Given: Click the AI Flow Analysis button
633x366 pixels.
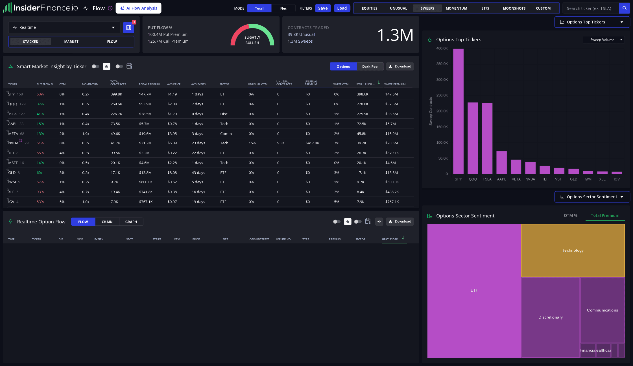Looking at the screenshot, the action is click(x=138, y=8).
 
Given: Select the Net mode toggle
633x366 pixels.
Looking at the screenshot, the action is click(x=283, y=8).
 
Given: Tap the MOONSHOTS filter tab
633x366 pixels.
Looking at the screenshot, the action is click(x=514, y=8).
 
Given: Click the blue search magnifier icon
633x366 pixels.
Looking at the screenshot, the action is click(x=625, y=8).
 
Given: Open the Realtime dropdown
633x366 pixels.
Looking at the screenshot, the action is click(x=64, y=27).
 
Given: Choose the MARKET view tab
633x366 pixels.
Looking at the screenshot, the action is click(x=71, y=42).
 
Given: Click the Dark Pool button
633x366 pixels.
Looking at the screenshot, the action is click(x=370, y=66).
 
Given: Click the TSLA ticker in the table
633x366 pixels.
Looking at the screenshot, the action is click(x=12, y=114).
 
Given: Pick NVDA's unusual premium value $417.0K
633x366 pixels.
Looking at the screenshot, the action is click(x=312, y=143).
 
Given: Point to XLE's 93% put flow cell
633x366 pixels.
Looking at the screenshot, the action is click(x=40, y=192).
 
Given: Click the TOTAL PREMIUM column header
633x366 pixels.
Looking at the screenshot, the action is click(x=149, y=84).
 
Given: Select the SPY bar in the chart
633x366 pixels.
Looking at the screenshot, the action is click(x=458, y=111).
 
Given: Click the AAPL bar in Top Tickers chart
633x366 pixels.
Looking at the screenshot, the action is click(x=501, y=163).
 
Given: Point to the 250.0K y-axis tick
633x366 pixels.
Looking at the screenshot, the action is click(x=442, y=95).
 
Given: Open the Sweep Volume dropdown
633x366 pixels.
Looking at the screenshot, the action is click(x=604, y=40).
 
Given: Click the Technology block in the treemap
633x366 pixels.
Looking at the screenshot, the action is click(x=573, y=250).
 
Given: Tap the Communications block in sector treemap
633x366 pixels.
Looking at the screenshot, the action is click(x=602, y=310).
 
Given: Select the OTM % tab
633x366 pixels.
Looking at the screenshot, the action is click(x=570, y=215).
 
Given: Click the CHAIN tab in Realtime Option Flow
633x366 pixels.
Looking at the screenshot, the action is click(x=107, y=222).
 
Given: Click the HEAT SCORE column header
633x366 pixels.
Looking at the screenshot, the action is click(x=390, y=239).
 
